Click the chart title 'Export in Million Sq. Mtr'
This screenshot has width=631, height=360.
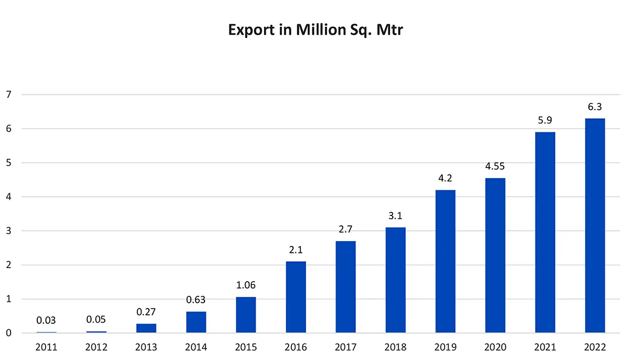coord(315,30)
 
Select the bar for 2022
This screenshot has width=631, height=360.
coord(595,225)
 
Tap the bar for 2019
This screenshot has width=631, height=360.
coord(445,261)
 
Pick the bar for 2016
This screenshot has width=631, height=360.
coord(296,297)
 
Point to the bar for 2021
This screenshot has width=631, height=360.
coord(545,232)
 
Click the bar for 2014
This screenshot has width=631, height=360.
coord(196,322)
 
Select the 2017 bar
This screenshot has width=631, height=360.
coord(345,287)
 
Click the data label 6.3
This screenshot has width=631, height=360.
coord(595,107)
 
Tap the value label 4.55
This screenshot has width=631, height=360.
coord(495,167)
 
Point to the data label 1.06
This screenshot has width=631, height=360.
coord(246,285)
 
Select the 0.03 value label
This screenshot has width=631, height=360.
coord(47,321)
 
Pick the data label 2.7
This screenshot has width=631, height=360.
coord(345,230)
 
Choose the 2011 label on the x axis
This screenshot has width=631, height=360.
coord(47,347)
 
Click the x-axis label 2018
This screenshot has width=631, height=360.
coord(395,347)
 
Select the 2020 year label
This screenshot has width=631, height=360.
coord(495,347)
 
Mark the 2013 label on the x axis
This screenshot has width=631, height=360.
coord(146,347)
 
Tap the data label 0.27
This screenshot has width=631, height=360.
coord(146,312)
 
